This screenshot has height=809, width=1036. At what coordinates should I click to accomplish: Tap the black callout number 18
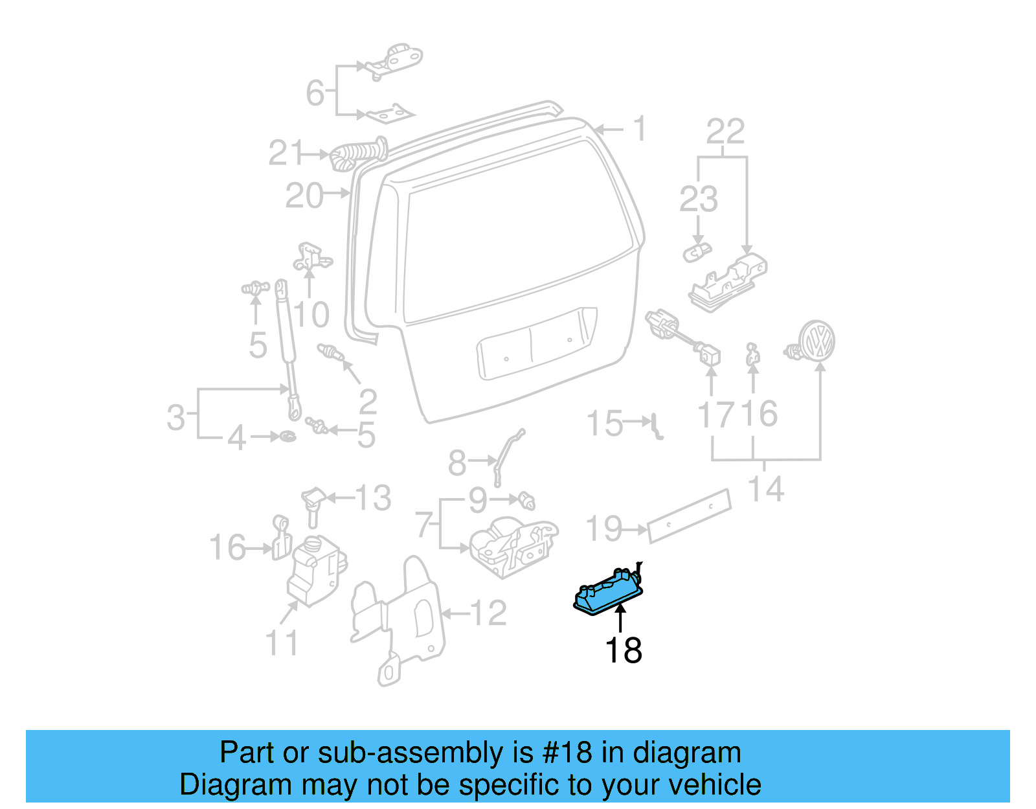[x=623, y=650]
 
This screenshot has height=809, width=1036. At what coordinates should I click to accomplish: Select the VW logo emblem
[x=815, y=341]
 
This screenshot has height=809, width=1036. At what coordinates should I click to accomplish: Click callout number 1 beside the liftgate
[x=640, y=129]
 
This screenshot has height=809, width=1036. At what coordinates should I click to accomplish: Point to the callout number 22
[x=725, y=132]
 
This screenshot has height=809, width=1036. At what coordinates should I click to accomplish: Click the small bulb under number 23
[x=696, y=252]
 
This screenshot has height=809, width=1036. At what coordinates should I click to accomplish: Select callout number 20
[x=304, y=196]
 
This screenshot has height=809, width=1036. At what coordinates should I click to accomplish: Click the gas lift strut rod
[x=286, y=343]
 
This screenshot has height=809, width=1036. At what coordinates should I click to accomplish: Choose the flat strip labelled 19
[x=689, y=514]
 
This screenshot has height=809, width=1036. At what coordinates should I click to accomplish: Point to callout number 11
[x=282, y=643]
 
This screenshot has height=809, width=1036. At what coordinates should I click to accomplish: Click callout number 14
[x=766, y=489]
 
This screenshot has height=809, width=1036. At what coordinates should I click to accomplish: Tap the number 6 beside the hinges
[x=315, y=93]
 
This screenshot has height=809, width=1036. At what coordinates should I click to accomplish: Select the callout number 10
[x=312, y=315]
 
